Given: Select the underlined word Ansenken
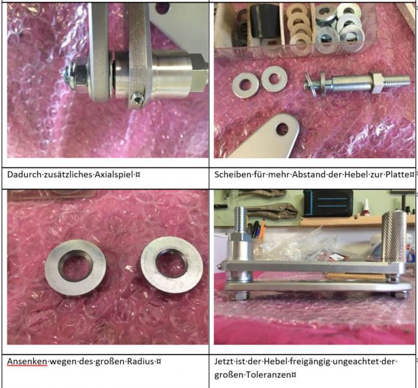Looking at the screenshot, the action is pos(27,361).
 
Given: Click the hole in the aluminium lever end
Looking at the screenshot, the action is pos(282,129).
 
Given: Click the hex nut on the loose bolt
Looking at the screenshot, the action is pos(378,84).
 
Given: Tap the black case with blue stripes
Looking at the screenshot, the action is pos(328,203).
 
